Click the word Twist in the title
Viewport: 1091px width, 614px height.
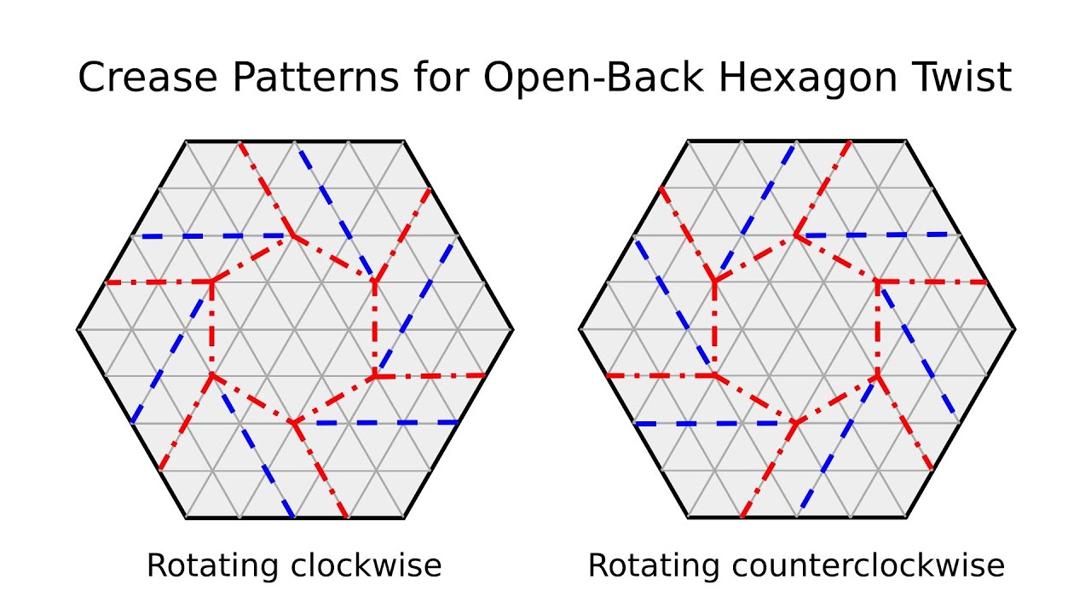[967, 78]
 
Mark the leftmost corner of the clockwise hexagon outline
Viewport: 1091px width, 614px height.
[78, 328]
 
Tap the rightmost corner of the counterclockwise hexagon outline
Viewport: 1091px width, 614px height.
[1014, 328]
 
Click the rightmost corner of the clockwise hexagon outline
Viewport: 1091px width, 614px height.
[513, 328]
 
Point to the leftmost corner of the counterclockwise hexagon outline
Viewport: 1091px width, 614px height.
[580, 328]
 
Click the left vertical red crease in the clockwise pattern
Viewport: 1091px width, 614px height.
[212, 328]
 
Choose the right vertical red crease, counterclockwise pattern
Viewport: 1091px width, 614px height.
[878, 328]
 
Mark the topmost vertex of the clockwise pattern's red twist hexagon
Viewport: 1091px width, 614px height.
[293, 235]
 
